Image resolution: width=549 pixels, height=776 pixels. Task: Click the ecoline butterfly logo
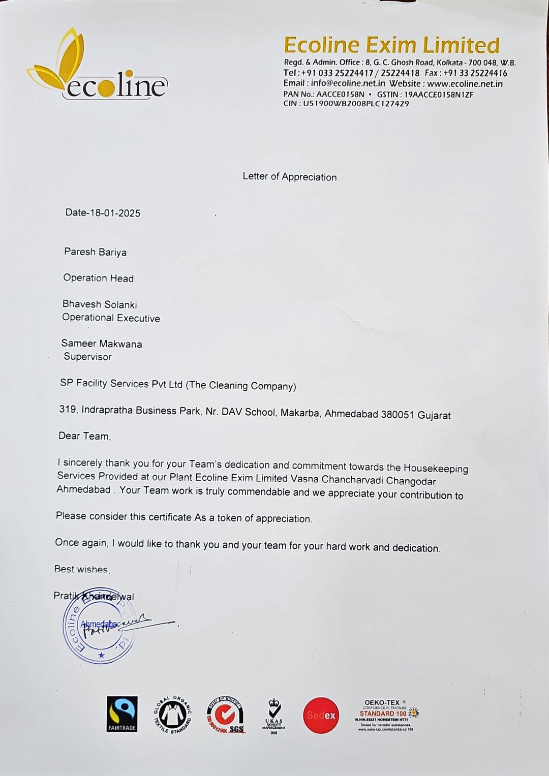[97, 65]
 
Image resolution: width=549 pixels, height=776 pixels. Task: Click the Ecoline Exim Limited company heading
[391, 45]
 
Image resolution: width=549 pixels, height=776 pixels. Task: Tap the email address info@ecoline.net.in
[348, 84]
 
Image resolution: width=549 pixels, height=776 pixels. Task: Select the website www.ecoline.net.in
[465, 84]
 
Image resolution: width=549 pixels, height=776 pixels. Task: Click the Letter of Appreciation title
[289, 177]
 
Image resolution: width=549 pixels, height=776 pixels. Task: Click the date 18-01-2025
[115, 213]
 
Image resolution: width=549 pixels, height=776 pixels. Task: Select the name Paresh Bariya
[95, 252]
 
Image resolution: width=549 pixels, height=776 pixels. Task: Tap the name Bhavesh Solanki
[100, 304]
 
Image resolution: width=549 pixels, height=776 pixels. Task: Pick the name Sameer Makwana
[102, 344]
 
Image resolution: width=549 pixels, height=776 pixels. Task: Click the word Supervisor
[87, 357]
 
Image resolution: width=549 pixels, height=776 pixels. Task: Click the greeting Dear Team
[84, 436]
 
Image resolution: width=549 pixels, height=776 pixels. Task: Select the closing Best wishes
[81, 569]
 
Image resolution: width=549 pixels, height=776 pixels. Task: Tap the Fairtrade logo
[122, 714]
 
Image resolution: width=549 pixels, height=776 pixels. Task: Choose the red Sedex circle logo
[321, 715]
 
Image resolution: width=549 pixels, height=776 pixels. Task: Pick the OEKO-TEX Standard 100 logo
[385, 715]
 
